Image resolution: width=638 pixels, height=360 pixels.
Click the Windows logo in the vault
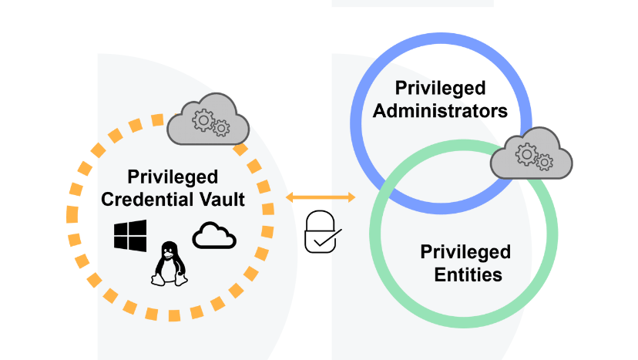[x=130, y=235]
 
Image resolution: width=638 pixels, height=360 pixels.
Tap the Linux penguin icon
[x=170, y=264]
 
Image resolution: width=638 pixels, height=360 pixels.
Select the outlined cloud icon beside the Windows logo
[x=214, y=235]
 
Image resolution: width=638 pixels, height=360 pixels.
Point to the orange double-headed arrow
[x=321, y=198]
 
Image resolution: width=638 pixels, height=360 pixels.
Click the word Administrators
[x=440, y=110]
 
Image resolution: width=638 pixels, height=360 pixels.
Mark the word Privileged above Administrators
[x=440, y=88]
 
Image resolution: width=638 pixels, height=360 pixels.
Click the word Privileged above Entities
[x=465, y=252]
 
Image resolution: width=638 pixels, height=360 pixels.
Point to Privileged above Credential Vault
[x=173, y=177]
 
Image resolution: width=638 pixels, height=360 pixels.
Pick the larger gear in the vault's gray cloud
[x=203, y=119]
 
